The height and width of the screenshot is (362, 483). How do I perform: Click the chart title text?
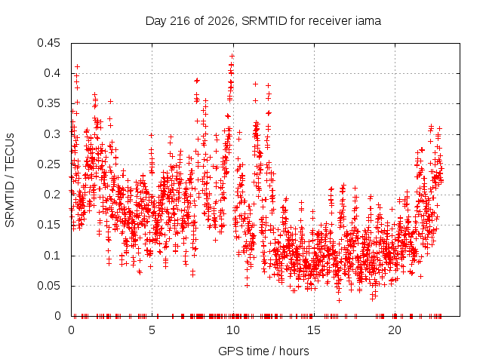click(263, 21)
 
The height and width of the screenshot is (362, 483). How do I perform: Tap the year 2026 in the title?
click(221, 21)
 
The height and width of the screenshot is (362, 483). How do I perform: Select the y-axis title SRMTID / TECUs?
click(10, 180)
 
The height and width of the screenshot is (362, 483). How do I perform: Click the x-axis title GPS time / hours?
click(263, 351)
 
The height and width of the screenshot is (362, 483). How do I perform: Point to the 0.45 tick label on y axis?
click(48, 43)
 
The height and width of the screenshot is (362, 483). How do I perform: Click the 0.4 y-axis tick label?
click(52, 73)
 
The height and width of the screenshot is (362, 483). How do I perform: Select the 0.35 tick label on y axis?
click(48, 103)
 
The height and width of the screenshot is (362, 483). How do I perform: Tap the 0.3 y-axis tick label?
click(52, 134)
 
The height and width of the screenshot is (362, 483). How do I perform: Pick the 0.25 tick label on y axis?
click(48, 164)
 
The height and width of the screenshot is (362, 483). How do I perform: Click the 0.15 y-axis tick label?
click(48, 225)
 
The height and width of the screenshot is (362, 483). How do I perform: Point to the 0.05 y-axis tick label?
click(48, 286)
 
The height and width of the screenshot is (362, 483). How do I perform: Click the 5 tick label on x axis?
click(152, 330)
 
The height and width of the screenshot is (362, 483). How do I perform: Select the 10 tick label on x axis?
click(233, 330)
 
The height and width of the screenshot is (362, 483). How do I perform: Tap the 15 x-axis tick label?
click(314, 330)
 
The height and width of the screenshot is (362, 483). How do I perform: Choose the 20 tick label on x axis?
click(395, 330)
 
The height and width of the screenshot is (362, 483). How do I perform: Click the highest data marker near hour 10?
click(232, 57)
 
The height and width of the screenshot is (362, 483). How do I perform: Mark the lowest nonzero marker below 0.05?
click(339, 300)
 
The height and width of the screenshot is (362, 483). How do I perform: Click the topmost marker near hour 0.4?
click(77, 67)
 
